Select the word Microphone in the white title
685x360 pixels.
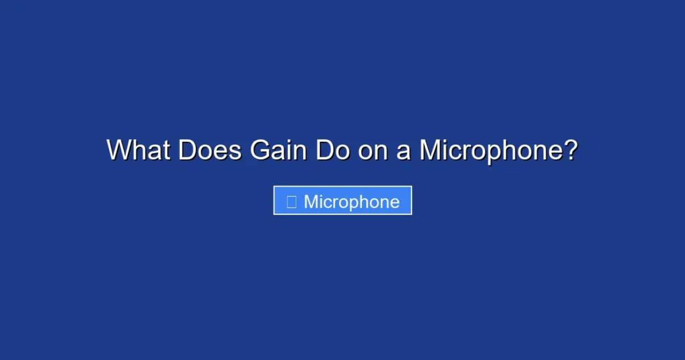coord(491,150)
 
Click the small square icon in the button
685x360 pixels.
coord(291,201)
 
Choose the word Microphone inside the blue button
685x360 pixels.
coord(352,201)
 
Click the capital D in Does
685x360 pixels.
coord(187,150)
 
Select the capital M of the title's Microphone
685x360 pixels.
coord(430,150)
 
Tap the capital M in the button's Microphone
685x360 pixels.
coord(311,201)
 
